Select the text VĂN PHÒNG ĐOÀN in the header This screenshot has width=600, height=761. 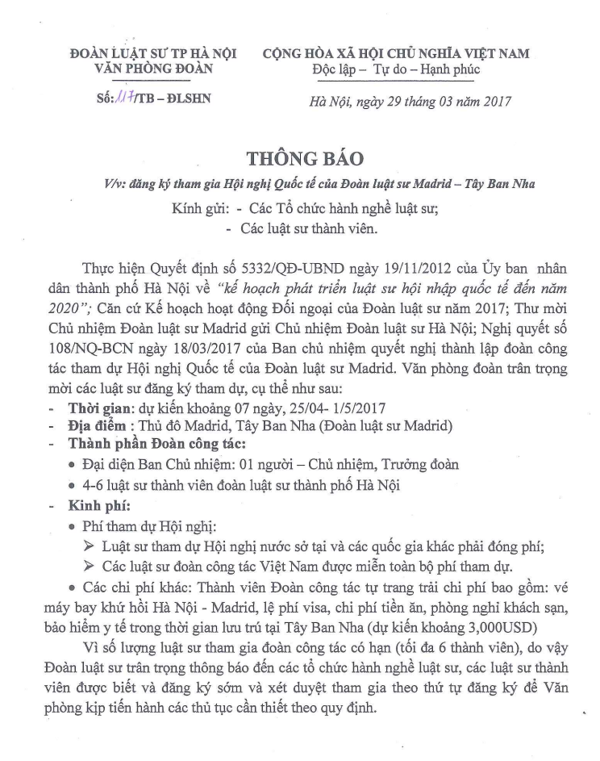click(x=153, y=69)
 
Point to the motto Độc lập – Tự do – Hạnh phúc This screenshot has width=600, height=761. click(x=396, y=69)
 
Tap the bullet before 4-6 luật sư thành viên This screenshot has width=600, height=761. click(x=74, y=486)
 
